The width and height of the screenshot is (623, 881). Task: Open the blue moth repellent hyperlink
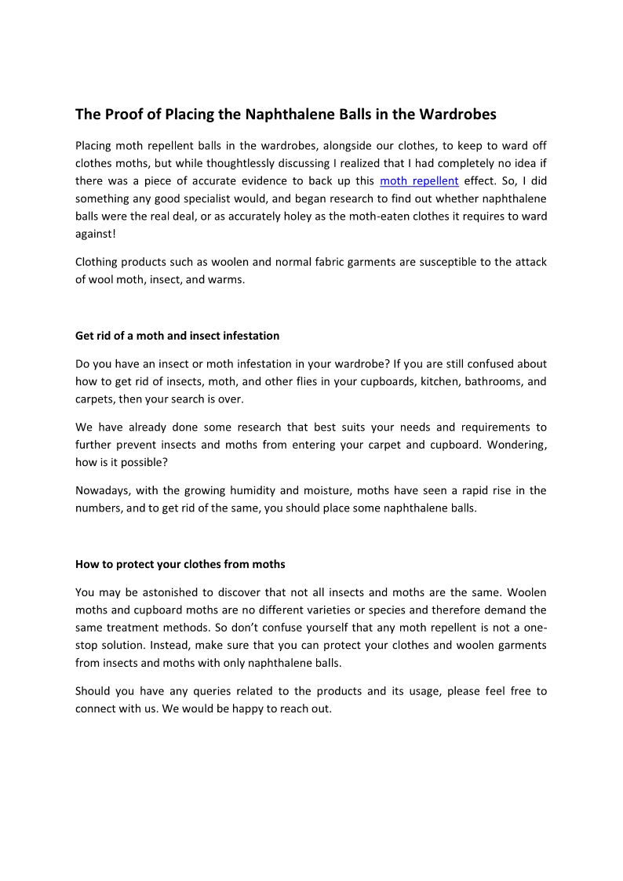pyautogui.click(x=419, y=180)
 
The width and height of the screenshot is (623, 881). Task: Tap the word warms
pyautogui.click(x=228, y=279)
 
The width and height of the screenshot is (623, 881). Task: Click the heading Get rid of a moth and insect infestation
pyautogui.click(x=177, y=336)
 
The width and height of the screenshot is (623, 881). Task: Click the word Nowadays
pyautogui.click(x=101, y=491)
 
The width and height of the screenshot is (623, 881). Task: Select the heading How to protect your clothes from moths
pyautogui.click(x=180, y=564)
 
